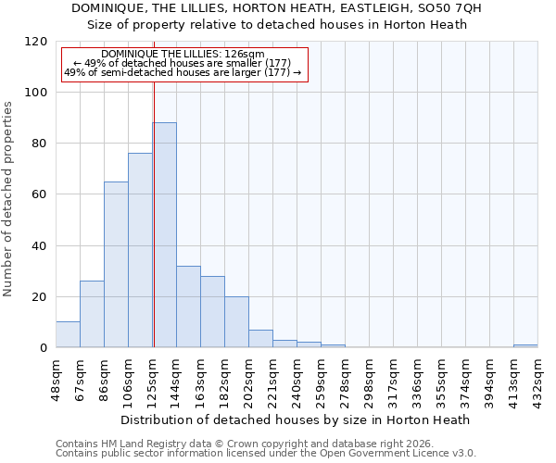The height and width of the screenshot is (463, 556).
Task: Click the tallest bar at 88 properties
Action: (x=164, y=234)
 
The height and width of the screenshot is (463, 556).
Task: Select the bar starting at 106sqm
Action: (x=140, y=250)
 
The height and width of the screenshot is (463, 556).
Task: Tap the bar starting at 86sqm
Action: (x=116, y=264)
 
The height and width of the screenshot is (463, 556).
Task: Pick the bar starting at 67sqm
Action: (x=92, y=314)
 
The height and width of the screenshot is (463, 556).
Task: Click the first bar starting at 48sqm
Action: (x=68, y=334)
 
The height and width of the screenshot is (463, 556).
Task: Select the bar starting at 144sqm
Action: (x=188, y=307)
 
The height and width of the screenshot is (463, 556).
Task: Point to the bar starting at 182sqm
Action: (x=236, y=321)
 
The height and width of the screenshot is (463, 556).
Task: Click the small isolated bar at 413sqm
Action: (x=525, y=345)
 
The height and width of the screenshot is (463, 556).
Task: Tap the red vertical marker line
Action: (x=154, y=213)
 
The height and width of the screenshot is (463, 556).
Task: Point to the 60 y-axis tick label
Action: (x=39, y=194)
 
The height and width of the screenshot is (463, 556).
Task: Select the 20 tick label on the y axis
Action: (x=39, y=297)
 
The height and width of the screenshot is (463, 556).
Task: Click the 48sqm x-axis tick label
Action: (x=57, y=378)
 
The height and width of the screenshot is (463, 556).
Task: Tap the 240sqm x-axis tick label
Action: (x=297, y=378)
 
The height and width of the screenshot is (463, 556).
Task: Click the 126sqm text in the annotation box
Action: (x=249, y=55)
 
